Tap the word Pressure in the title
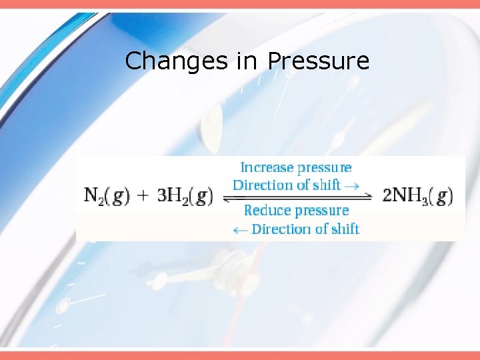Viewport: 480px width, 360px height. pos(318,61)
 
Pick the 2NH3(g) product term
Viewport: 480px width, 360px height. pos(418,196)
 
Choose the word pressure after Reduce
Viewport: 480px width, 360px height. pos(321,211)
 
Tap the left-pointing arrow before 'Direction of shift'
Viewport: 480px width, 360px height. pos(239,230)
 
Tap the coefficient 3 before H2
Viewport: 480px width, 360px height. pos(162,196)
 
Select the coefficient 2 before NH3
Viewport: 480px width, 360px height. pos(388,196)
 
